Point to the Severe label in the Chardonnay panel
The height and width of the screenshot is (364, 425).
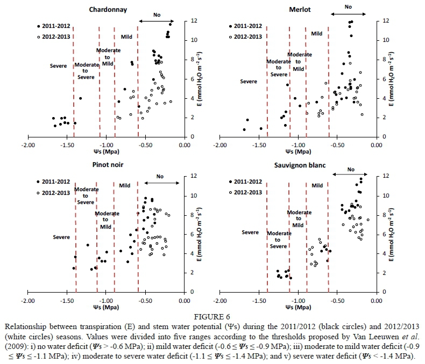tap(58, 66)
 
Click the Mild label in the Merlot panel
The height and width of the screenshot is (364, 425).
tap(317, 33)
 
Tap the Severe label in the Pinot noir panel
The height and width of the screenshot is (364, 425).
tap(62, 237)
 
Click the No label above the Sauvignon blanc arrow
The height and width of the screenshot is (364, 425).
tap(351, 170)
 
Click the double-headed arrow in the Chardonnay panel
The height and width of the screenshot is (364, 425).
tap(161, 21)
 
